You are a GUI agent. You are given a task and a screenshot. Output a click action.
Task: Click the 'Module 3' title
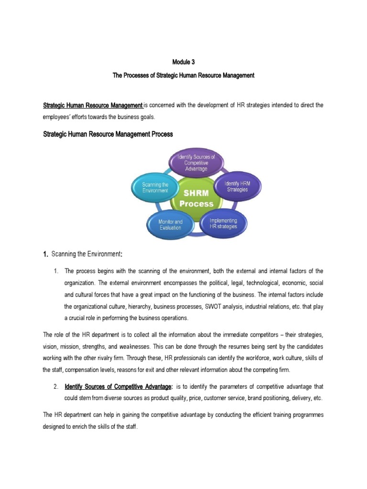tap(183, 62)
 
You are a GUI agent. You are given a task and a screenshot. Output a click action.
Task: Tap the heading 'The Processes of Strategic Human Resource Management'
tap(183, 75)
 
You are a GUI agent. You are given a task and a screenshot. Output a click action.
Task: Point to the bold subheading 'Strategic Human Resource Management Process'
tap(108, 135)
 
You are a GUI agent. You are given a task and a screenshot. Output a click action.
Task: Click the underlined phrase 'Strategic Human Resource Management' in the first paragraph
tap(93, 105)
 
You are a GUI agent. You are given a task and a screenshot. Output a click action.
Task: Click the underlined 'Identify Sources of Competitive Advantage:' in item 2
tap(119, 386)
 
